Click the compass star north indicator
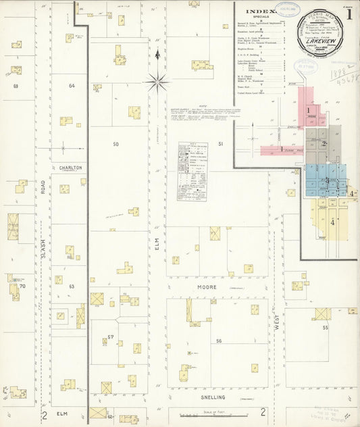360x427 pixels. point(157,82)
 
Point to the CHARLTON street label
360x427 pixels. point(70,168)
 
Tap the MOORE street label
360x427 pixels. point(207,287)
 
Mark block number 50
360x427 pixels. point(115,145)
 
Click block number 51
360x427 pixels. point(220,144)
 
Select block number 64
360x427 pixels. point(72,86)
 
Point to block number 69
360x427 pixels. point(15,86)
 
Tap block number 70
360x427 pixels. point(22,286)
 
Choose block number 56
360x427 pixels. point(219,341)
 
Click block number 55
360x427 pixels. point(325,328)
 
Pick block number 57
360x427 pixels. point(112,336)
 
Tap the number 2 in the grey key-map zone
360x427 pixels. point(324,143)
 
